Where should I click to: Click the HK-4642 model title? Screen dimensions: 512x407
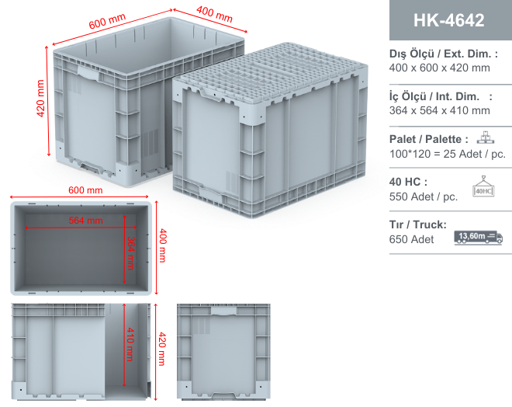448,20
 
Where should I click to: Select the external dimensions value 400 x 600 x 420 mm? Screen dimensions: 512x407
440,68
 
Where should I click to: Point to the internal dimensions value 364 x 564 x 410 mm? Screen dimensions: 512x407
440,110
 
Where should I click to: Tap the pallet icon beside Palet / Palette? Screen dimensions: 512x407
486,137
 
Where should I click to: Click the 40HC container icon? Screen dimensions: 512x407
483,186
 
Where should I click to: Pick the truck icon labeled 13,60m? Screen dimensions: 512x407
479,237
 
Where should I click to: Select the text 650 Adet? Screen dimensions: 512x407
411,239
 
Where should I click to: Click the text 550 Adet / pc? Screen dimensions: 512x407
424,197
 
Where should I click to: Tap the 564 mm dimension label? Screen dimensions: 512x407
85,221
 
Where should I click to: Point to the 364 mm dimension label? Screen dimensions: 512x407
130,253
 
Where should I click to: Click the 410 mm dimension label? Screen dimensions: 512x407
130,344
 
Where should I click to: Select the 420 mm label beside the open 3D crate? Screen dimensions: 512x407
40,98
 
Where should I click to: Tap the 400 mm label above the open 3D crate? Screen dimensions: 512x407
215,15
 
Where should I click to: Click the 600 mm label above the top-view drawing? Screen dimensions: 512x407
85,190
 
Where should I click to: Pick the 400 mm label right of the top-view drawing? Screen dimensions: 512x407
162,245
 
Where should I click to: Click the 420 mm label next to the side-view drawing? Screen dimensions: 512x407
162,349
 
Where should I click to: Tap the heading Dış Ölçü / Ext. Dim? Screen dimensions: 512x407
444,54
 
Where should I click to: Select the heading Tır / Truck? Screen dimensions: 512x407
417,224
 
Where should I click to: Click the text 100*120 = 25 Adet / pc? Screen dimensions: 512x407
448,154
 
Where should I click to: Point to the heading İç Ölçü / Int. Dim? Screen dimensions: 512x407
441,96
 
